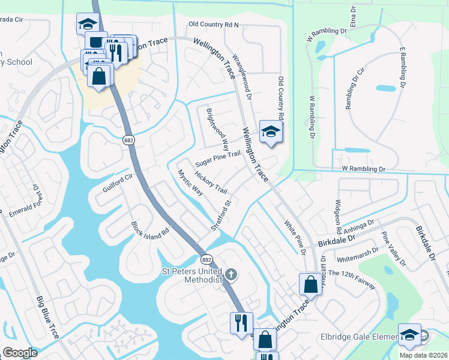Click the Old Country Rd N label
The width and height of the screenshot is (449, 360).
(x=214, y=25)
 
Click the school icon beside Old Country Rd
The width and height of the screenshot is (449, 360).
(x=271, y=131)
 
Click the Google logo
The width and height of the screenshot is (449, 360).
(x=20, y=353)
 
